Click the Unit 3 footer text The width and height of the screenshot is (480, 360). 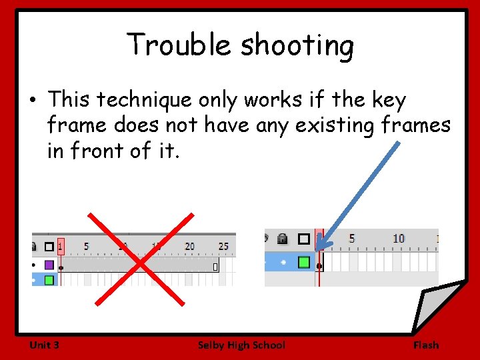44,345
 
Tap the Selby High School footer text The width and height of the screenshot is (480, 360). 241,345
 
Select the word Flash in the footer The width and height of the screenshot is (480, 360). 426,345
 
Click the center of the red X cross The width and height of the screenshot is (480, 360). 141,258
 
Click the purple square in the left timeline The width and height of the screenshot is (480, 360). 49,265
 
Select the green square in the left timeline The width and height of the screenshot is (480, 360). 49,280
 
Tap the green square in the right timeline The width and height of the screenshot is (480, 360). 304,262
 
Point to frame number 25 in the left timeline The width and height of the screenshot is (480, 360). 223,247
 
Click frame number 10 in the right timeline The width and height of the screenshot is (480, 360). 399,239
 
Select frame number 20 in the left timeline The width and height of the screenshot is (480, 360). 190,247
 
